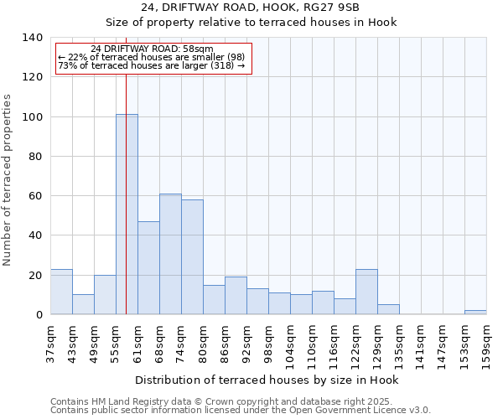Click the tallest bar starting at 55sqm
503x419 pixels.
[x=127, y=215]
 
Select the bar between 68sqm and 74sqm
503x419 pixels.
[x=170, y=254]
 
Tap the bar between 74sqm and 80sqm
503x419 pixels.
[x=192, y=257]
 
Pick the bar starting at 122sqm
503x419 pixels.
[x=366, y=292]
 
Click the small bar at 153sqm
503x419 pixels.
[x=475, y=313]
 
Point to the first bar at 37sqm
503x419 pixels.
[x=61, y=292]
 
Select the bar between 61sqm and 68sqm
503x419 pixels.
[x=148, y=268]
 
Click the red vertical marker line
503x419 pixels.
[x=126, y=168]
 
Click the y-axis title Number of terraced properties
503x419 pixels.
[x=8, y=180]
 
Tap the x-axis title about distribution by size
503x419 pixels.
[x=267, y=380]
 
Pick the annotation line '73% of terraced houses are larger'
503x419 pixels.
[x=151, y=65]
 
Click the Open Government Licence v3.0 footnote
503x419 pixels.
[x=241, y=411]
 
